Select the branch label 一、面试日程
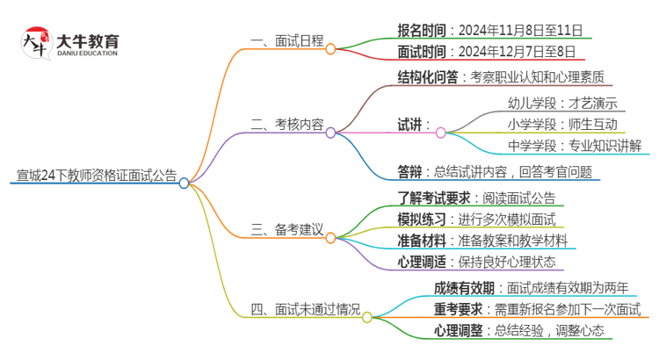point(286,40)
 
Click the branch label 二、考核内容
point(286,124)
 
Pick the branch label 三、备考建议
point(286,229)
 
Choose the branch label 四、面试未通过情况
point(306,308)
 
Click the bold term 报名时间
point(426,31)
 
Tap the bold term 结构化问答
point(427,77)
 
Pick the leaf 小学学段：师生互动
point(562,124)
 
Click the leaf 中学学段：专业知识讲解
point(575,146)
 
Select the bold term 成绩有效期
point(462,288)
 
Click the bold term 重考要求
point(457,309)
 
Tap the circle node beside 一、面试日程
point(330,49)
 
